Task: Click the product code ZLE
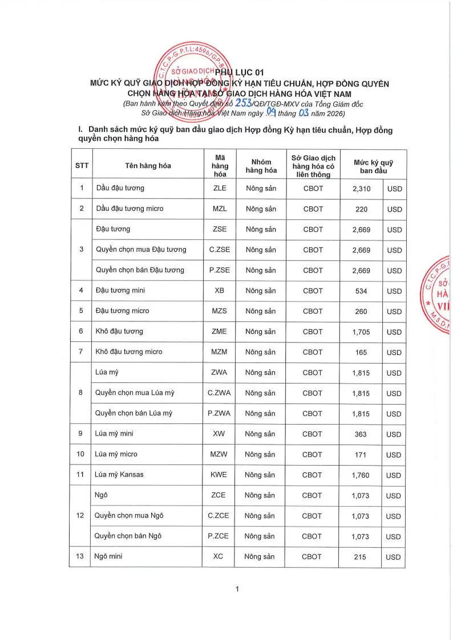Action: [x=219, y=188]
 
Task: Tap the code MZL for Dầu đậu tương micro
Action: [x=220, y=209]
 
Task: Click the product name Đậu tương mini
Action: [x=120, y=291]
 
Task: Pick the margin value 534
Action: [x=361, y=291]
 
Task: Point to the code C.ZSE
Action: [x=219, y=250]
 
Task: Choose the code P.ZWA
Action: [x=219, y=414]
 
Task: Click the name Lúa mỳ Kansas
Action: [x=119, y=475]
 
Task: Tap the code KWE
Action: [x=219, y=475]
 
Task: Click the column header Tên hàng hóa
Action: [x=148, y=166]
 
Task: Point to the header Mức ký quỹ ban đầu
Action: [x=374, y=166]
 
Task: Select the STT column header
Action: [x=82, y=166]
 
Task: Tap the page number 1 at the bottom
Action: [x=237, y=589]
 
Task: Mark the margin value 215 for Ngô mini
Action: [x=360, y=557]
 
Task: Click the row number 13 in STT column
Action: [x=81, y=556]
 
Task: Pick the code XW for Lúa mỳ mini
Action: [x=219, y=434]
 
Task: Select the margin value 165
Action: [x=361, y=352]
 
